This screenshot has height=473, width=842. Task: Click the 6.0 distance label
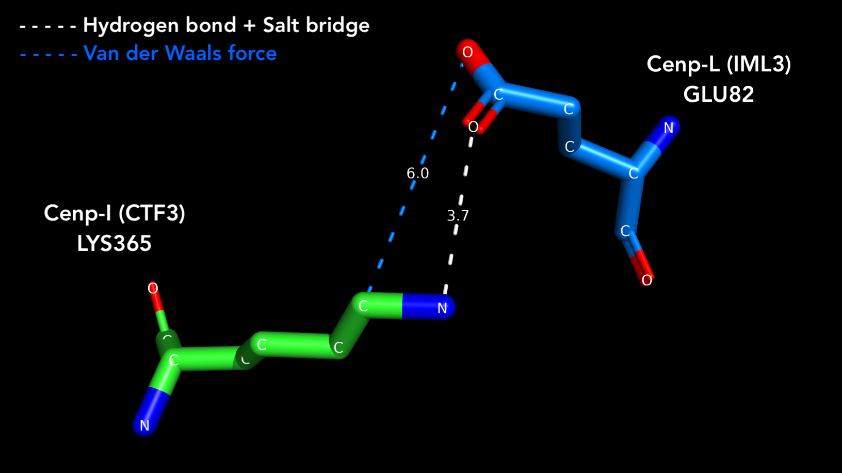click(x=417, y=173)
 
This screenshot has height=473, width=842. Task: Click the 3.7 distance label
click(x=458, y=216)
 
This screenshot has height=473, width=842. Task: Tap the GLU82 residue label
click(x=718, y=94)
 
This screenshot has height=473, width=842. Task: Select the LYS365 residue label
click(x=114, y=243)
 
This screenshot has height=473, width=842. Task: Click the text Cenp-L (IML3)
click(x=719, y=64)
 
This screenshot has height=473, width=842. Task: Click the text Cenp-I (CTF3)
click(x=114, y=213)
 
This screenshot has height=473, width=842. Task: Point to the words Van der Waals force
click(x=180, y=53)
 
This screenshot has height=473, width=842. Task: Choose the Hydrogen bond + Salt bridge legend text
click(x=226, y=26)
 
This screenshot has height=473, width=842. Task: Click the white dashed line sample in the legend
click(x=48, y=26)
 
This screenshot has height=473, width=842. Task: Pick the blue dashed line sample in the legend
click(x=48, y=55)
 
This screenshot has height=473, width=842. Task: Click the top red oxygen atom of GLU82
click(x=467, y=52)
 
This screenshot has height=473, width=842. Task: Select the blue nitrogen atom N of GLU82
click(x=668, y=128)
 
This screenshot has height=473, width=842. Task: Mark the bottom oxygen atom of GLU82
click(x=646, y=280)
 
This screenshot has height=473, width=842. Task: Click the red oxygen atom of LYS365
click(x=153, y=288)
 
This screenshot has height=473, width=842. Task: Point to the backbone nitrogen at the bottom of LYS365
click(x=144, y=425)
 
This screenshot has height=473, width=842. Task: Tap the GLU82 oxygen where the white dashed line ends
click(x=473, y=127)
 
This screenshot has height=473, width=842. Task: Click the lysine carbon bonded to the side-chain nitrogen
click(x=363, y=306)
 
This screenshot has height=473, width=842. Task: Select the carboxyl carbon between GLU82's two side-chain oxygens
click(x=498, y=94)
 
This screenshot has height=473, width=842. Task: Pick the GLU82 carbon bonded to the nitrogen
click(x=634, y=174)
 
